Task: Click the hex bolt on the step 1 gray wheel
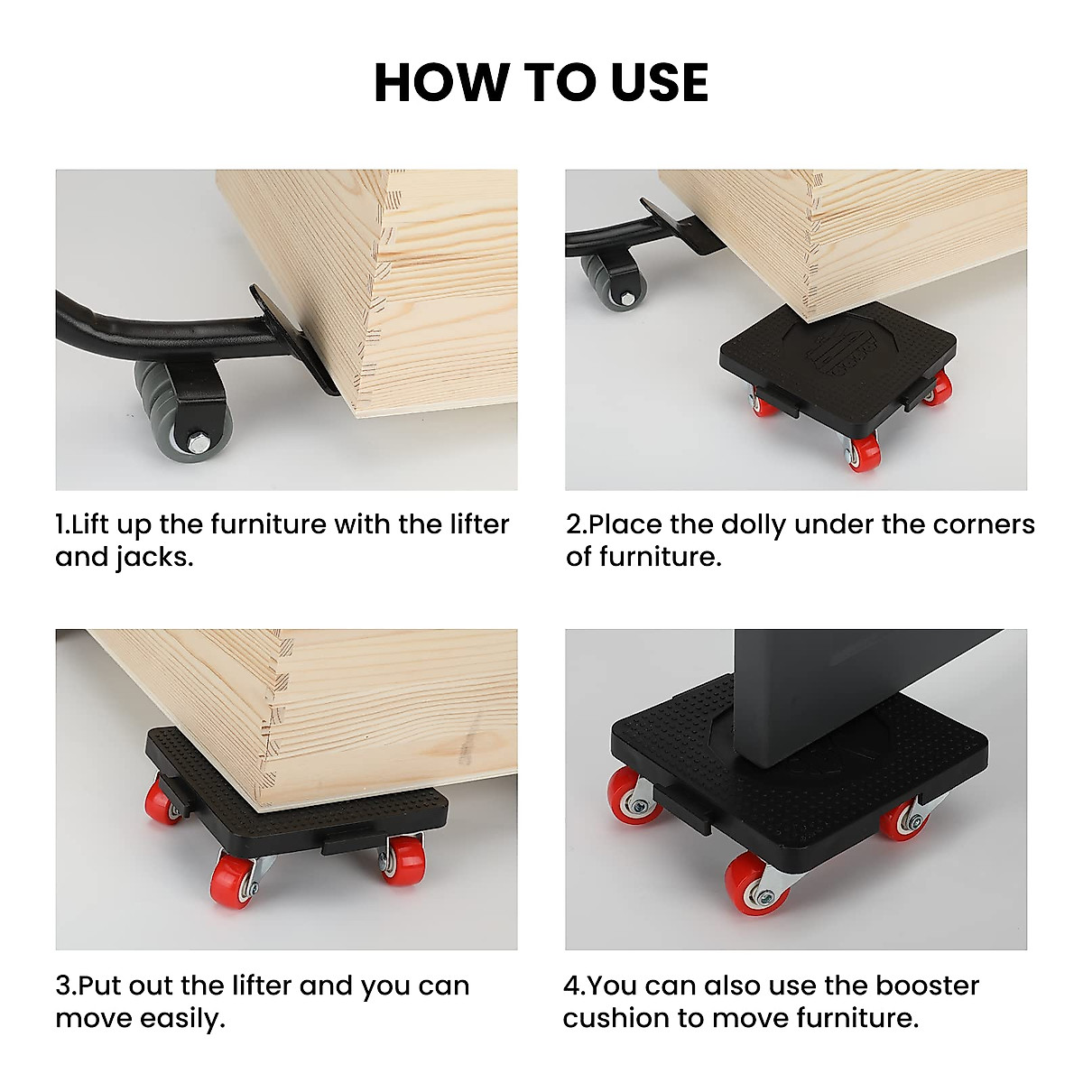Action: point(198,442)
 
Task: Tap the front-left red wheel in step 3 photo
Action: point(229,881)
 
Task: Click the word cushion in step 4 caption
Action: point(616,1018)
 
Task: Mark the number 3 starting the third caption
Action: point(62,986)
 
